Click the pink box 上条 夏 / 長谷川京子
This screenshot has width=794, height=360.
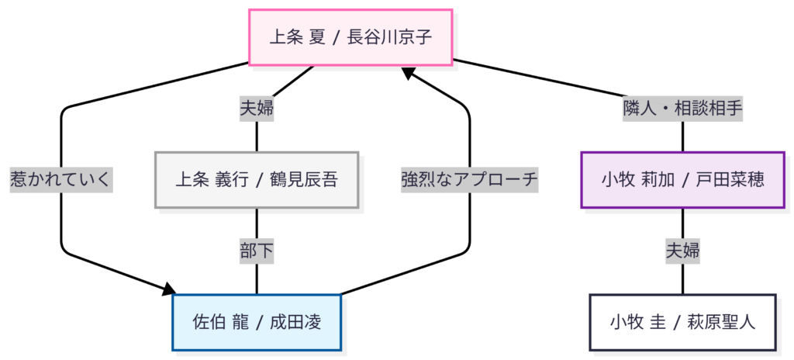click(350, 36)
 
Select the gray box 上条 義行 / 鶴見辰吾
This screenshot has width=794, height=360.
click(257, 180)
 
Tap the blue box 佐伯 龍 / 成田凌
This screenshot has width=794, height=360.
click(257, 322)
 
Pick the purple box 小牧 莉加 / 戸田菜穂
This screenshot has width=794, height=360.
click(682, 180)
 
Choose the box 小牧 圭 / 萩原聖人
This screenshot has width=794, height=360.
click(682, 322)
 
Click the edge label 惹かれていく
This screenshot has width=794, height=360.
click(60, 180)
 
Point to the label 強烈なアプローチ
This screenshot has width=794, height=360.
click(469, 180)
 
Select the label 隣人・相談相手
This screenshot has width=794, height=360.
click(682, 109)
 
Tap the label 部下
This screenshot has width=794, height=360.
click(257, 251)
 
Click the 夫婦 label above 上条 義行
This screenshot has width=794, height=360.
click(257, 109)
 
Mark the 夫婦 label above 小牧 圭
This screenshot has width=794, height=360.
click(682, 251)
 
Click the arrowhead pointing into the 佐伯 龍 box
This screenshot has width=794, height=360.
click(170, 291)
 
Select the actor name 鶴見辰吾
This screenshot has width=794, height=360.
click(303, 180)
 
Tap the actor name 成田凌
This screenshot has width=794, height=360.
click(295, 322)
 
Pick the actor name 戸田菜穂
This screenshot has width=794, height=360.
click(729, 180)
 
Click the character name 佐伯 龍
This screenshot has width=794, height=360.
click(219, 322)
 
